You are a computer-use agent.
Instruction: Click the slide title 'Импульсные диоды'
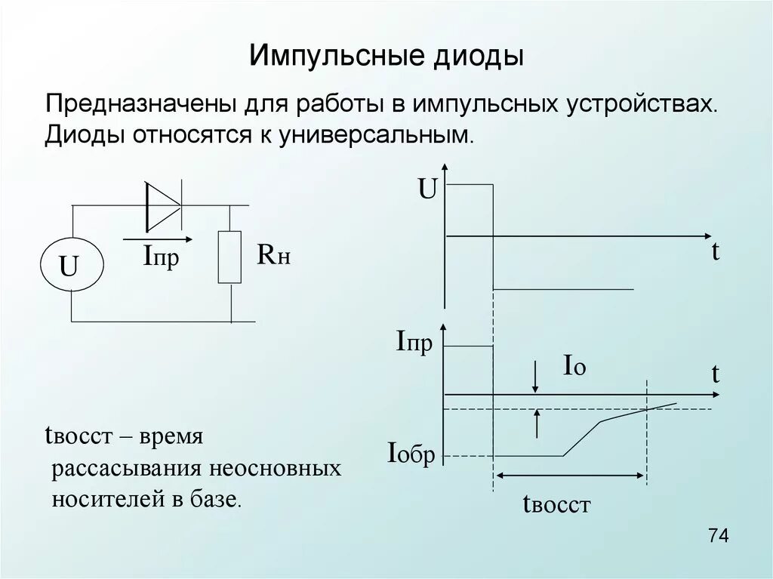tap(386, 57)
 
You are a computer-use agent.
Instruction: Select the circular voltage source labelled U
tap(70, 265)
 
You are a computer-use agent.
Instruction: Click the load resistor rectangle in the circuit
tap(229, 257)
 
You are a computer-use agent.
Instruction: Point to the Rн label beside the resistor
tap(273, 257)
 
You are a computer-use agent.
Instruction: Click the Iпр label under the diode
tap(161, 258)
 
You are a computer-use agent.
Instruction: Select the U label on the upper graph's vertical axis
tap(427, 189)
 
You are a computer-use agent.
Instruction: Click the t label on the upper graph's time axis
tap(714, 252)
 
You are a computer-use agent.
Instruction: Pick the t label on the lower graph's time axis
tap(714, 374)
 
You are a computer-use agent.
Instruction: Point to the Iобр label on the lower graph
tap(411, 454)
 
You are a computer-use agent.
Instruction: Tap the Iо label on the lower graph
tap(574, 367)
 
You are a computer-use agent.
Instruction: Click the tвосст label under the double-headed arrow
tap(556, 504)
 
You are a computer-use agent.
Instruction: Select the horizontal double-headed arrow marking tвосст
tap(571, 476)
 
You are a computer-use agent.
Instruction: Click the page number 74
tap(718, 536)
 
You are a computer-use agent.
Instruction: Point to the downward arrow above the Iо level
tap(535, 375)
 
